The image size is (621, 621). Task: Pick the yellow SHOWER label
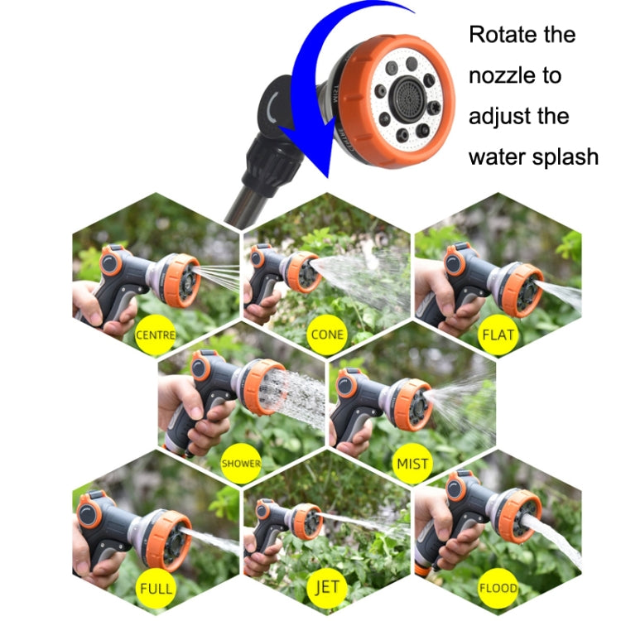click(x=241, y=464)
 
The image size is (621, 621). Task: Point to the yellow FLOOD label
click(x=498, y=590)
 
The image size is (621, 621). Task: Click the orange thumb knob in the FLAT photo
click(x=455, y=262)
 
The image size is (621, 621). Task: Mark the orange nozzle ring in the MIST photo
click(x=411, y=404)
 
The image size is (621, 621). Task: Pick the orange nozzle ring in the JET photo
click(x=308, y=521)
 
